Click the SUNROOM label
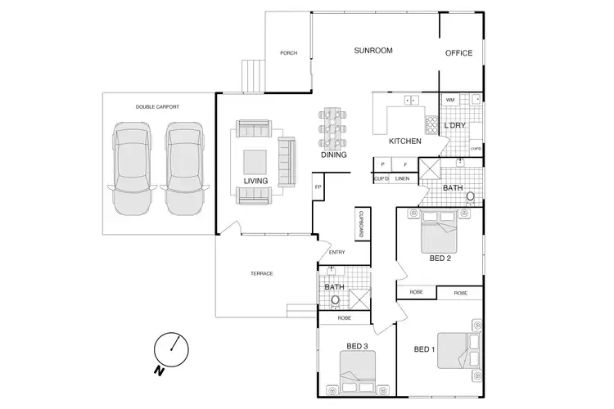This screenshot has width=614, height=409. (x=373, y=51)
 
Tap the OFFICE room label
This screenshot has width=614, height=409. (x=458, y=53)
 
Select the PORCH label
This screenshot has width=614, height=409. (x=288, y=53)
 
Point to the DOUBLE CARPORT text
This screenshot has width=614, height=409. (x=157, y=107)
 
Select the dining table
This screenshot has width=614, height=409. (x=333, y=128)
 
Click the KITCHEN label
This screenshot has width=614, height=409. (x=404, y=142)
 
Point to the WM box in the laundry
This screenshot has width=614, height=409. (x=450, y=100)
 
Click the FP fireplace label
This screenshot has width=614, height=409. (x=318, y=187)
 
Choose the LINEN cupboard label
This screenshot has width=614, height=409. (x=402, y=178)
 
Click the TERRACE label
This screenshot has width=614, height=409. (x=261, y=273)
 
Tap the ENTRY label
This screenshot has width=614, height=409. (x=336, y=252)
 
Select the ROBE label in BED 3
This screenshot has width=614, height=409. (x=344, y=317)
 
